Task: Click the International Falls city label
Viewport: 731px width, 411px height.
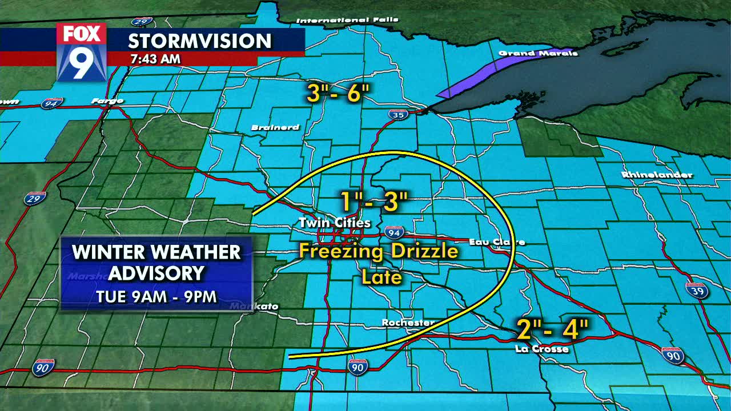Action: [347, 21]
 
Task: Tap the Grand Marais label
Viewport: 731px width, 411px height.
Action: [538, 53]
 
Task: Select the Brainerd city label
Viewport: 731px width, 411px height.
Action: [275, 127]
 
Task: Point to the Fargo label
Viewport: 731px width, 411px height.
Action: [107, 101]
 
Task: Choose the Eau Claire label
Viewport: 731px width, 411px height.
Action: [496, 242]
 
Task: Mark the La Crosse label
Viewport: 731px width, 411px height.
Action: [541, 349]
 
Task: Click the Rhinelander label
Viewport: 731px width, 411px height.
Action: [657, 175]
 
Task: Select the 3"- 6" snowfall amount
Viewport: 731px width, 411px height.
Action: [339, 94]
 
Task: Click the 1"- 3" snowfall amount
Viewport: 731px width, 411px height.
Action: [374, 202]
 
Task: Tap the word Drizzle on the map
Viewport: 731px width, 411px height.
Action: [425, 251]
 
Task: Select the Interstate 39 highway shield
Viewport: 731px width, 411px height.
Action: [697, 290]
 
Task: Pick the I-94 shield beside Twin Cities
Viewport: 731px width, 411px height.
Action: [394, 232]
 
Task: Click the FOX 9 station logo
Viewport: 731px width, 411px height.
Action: [81, 52]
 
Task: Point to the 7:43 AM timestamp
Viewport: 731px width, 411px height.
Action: [155, 59]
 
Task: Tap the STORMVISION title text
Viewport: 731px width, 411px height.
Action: [199, 41]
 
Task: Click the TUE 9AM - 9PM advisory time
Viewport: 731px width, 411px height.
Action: [156, 297]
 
